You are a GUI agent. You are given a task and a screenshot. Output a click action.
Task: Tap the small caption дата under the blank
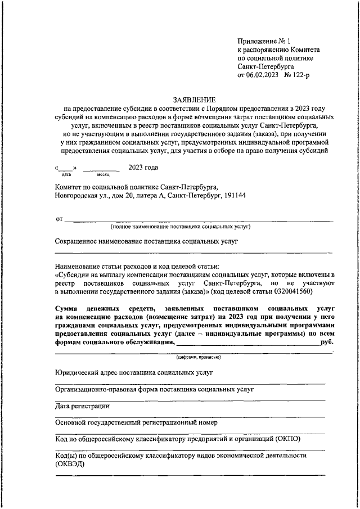[66, 175]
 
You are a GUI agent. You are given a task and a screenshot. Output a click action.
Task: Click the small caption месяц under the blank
[103, 175]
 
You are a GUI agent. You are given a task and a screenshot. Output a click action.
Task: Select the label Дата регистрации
[82, 406]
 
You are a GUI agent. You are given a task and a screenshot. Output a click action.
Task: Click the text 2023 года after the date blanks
[143, 168]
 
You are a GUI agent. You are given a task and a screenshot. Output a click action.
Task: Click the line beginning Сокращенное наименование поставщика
[147, 241]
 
